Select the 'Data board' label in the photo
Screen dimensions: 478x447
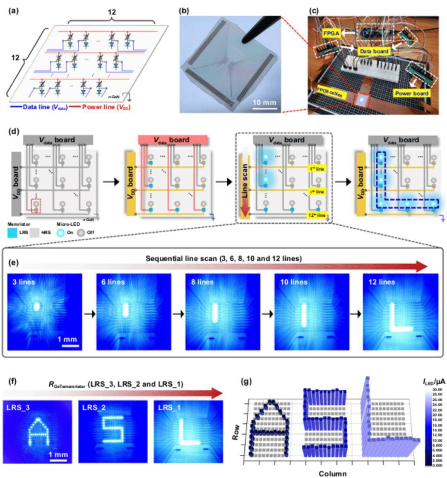[x=374, y=51]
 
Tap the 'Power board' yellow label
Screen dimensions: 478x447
[x=411, y=93]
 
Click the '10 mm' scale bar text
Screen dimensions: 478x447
[x=264, y=102]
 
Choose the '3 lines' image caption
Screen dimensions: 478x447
[x=24, y=282]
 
